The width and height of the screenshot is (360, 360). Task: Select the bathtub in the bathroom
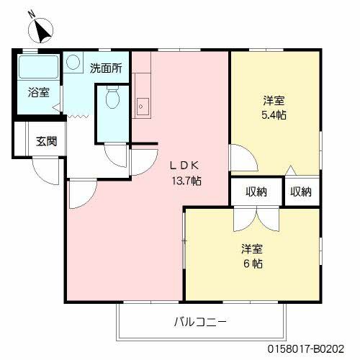pos(38,68)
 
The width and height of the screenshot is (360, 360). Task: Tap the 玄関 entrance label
pos(47,140)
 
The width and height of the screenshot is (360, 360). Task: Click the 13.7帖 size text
pos(186,181)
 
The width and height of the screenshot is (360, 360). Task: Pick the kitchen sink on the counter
pos(141,105)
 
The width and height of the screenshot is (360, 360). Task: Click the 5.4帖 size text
pos(274,114)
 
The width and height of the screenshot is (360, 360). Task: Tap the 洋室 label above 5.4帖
pos(274,100)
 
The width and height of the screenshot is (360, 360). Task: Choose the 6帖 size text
pos(252,264)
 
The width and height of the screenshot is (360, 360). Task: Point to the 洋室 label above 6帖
pos(252,249)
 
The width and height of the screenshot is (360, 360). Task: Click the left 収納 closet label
pos(256,192)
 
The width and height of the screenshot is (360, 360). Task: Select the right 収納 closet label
pos(301,192)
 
